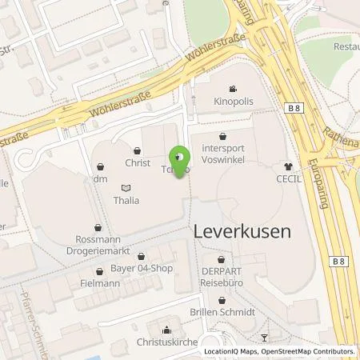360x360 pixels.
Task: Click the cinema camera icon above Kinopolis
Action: point(231,89)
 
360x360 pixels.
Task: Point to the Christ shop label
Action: point(138,162)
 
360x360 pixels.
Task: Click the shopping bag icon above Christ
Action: point(138,150)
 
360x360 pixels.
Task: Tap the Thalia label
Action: point(126,201)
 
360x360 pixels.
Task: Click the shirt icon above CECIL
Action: point(287,166)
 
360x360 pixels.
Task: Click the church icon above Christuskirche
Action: point(166,329)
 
